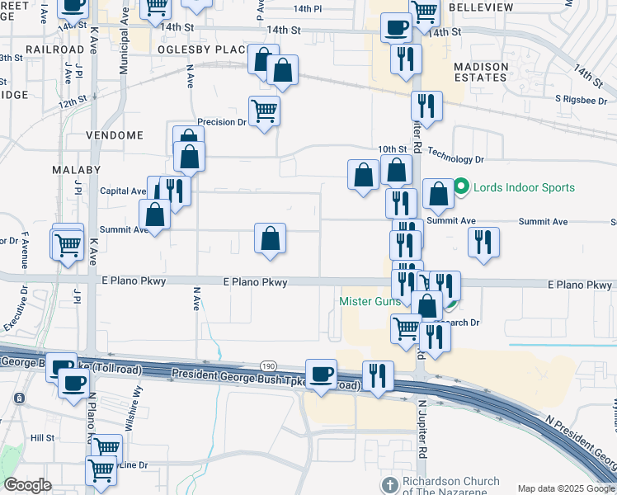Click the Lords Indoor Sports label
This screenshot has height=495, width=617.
[x=524, y=187]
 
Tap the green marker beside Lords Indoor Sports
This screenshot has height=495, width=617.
[x=462, y=187]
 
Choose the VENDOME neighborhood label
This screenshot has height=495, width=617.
[x=115, y=135]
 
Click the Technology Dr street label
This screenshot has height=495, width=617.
[x=455, y=159]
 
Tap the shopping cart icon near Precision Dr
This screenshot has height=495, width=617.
[x=264, y=110]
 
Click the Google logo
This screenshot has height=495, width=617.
[x=27, y=485]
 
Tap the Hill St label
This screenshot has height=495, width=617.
[x=42, y=438]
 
